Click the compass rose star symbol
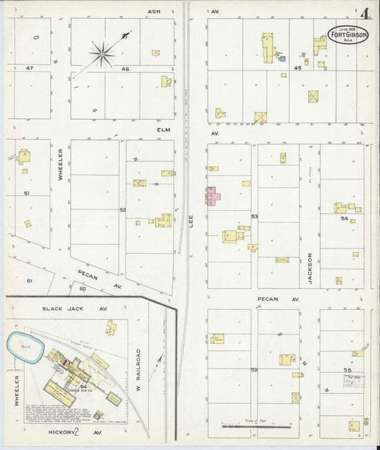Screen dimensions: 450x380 point(104,51)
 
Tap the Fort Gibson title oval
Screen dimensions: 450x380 point(349,34)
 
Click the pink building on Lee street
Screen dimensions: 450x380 point(213,196)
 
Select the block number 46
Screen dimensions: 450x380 point(125,68)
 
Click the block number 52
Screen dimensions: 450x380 point(123,209)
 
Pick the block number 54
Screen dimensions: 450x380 point(344,219)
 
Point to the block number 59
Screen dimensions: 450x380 point(253,370)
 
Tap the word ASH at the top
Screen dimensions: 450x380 point(153,12)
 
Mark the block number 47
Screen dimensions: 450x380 point(29,68)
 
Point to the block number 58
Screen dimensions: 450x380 point(347,370)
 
